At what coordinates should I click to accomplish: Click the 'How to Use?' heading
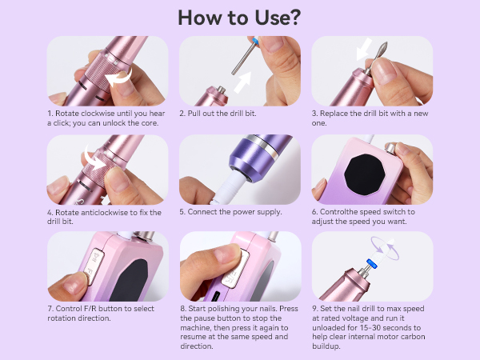(x=239, y=18)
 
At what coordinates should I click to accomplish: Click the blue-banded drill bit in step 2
(x=246, y=56)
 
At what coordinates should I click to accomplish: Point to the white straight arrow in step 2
(x=242, y=82)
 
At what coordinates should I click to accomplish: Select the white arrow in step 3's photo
(x=364, y=50)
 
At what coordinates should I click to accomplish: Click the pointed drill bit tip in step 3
(x=385, y=45)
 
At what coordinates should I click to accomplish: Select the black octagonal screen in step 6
(x=365, y=174)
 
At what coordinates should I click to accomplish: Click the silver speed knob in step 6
(x=390, y=148)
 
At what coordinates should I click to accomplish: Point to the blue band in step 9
(x=371, y=263)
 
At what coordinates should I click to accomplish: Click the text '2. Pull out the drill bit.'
(x=218, y=114)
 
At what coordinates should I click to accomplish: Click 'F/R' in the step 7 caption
(x=90, y=309)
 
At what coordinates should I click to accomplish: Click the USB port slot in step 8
(x=216, y=296)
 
